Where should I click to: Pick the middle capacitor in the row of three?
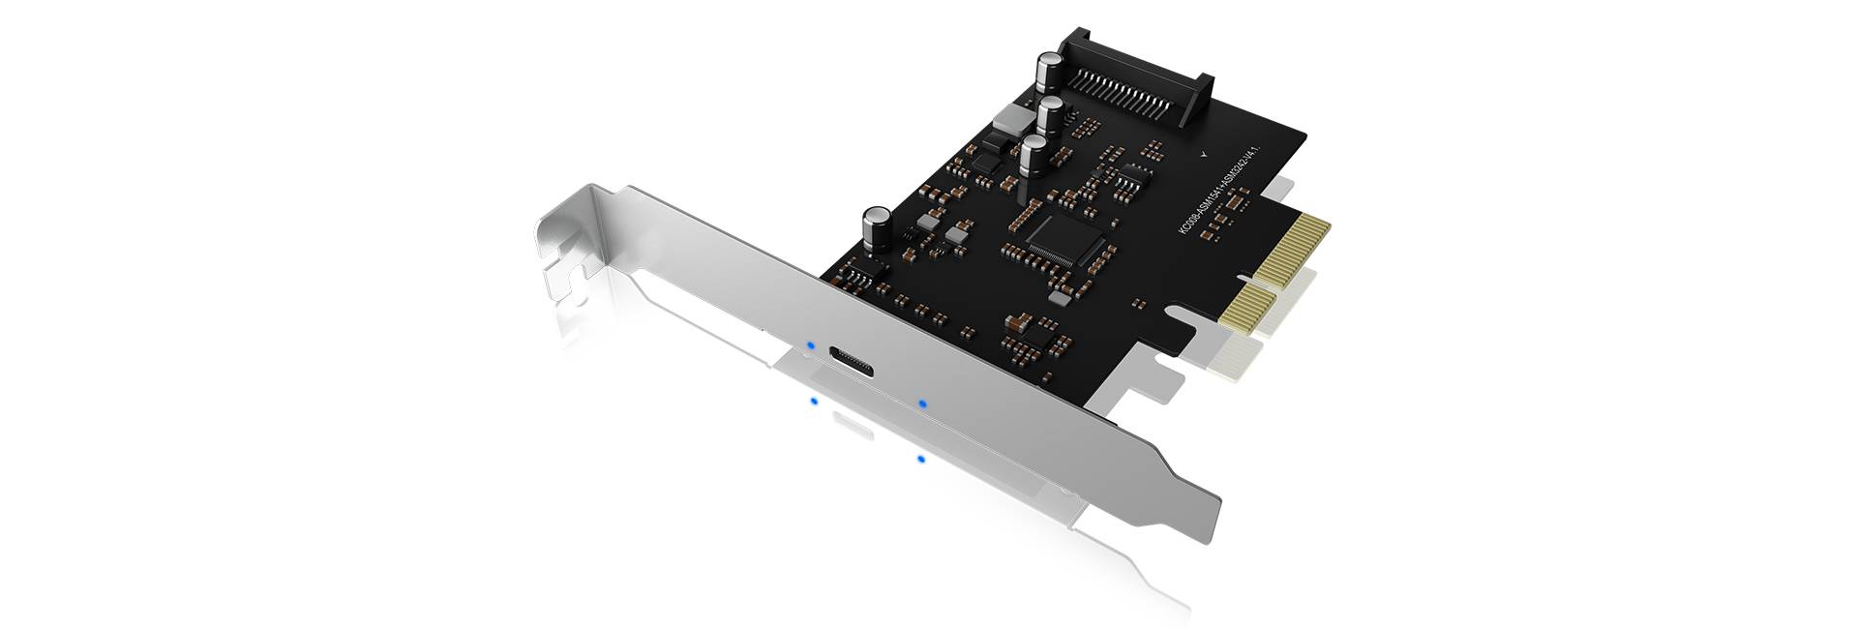[x=1051, y=114]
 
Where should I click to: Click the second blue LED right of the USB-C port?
[x=923, y=402]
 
